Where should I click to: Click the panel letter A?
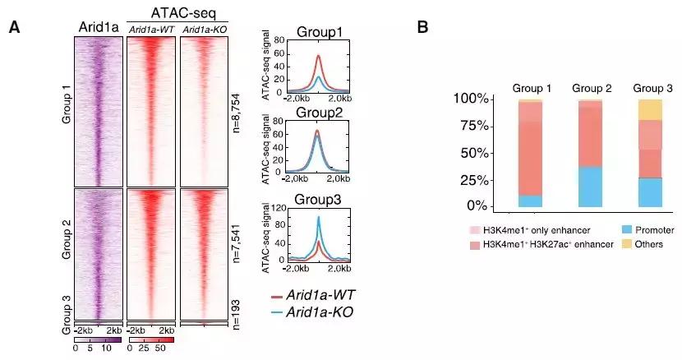tap(14, 27)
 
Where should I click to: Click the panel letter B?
tap(422, 27)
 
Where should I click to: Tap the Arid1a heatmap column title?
tap(99, 28)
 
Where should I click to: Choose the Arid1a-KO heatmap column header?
tap(203, 30)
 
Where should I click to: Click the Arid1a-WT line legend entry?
tap(321, 294)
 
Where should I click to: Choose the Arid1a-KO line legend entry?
tap(321, 312)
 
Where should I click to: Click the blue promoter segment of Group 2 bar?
tap(589, 187)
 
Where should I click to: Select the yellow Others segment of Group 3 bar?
tap(650, 109)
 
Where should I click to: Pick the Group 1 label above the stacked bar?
tap(531, 87)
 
